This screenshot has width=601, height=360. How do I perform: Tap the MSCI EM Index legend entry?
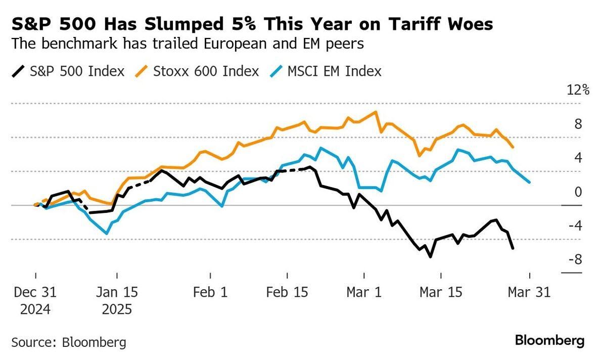[334, 71]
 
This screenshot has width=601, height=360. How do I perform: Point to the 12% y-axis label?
[578, 91]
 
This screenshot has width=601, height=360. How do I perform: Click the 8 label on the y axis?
[578, 124]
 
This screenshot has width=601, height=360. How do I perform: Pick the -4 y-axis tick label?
[576, 226]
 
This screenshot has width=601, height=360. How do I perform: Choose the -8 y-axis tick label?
[576, 260]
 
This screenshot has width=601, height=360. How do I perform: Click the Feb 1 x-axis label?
[210, 293]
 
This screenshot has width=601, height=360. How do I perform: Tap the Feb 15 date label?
[287, 293]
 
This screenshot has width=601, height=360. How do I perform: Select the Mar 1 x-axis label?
[364, 293]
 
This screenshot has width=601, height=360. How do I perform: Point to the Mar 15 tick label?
[441, 293]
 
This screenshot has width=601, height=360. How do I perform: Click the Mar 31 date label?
[529, 293]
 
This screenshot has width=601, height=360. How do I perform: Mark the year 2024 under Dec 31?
[35, 309]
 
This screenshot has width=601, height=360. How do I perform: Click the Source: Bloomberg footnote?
[68, 342]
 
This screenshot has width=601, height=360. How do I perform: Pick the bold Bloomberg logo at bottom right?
[549, 340]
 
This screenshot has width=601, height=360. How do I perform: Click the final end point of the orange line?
[513, 147]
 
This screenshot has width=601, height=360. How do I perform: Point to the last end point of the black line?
[513, 248]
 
